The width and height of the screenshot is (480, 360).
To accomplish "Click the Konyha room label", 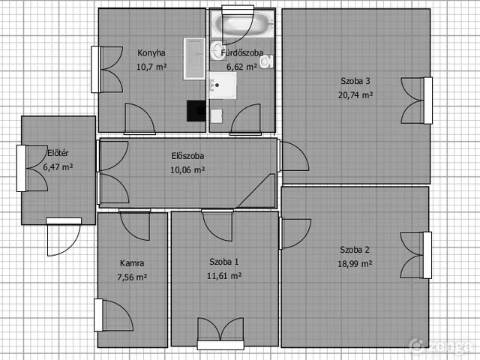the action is (x=151, y=53).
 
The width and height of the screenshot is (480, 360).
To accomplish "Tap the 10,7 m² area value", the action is (x=151, y=67).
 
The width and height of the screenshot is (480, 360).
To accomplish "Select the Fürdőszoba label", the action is (x=241, y=52).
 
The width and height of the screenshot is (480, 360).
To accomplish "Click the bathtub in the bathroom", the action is (x=242, y=24).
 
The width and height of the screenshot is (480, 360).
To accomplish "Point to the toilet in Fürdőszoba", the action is (x=266, y=61).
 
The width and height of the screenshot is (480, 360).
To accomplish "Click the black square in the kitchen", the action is (x=196, y=111).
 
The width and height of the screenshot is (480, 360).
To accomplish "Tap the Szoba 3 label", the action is (x=355, y=81).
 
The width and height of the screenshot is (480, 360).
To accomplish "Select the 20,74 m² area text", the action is (x=355, y=95).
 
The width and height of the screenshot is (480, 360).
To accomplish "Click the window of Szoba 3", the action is (x=428, y=100).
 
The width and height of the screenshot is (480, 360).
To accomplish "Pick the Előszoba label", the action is (x=187, y=156).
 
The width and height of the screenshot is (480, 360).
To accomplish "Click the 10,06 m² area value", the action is (x=187, y=170).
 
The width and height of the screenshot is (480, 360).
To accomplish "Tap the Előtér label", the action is (x=58, y=153).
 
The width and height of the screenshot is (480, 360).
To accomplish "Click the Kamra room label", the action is (x=132, y=263).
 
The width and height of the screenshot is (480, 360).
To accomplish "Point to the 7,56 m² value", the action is (x=132, y=277).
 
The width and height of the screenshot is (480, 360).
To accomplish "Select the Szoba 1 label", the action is (x=224, y=262).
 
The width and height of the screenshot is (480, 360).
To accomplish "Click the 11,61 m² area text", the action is (x=224, y=276).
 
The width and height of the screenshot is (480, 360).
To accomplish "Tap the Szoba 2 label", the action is (x=355, y=250).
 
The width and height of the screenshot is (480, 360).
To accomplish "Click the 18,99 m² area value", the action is (x=355, y=263).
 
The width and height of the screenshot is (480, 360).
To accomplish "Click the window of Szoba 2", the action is (x=427, y=255).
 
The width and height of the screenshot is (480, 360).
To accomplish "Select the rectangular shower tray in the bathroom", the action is (x=223, y=85).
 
